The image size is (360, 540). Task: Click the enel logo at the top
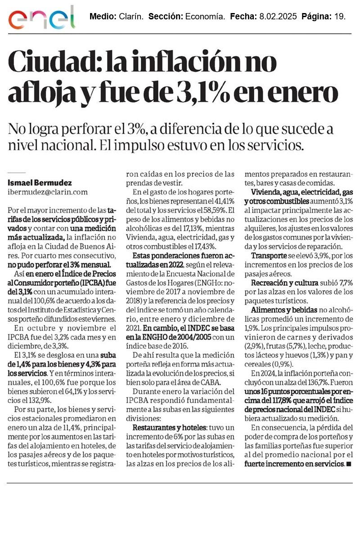[41, 19]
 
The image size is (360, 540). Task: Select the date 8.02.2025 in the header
[278, 17]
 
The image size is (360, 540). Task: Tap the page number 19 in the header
[341, 17]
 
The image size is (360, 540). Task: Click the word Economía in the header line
[205, 17]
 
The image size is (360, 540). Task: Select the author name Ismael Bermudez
[40, 183]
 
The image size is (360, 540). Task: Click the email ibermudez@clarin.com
[48, 192]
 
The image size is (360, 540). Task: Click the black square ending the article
[349, 463]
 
